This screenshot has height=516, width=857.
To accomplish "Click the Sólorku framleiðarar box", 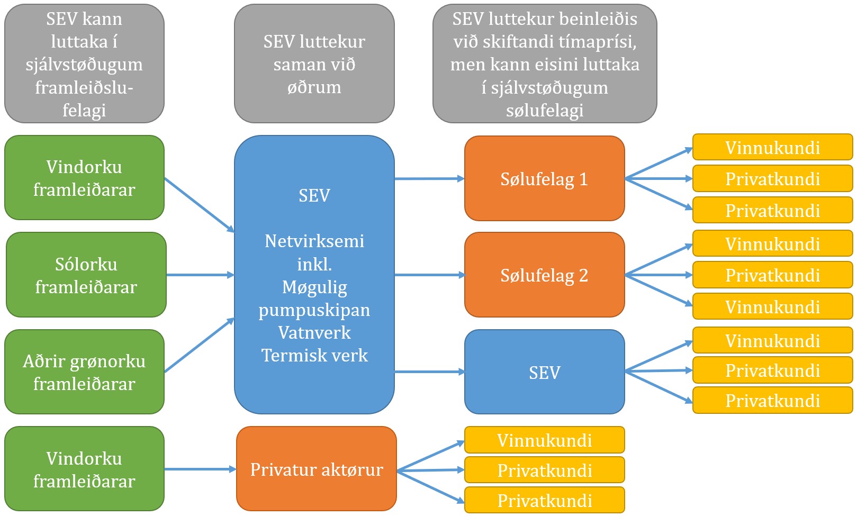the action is click(x=86, y=275).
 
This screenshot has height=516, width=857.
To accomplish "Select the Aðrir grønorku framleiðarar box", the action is click(x=84, y=372).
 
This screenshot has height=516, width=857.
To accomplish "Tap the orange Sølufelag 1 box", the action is click(x=544, y=178).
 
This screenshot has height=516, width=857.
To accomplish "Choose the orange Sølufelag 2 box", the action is click(x=544, y=275).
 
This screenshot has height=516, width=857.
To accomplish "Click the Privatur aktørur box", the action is click(x=317, y=468).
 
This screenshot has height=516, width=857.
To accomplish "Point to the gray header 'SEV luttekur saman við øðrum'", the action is click(x=314, y=64).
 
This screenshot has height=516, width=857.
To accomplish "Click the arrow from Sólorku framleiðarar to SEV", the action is click(x=201, y=275).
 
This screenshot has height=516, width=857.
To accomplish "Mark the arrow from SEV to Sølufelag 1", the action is click(x=429, y=178).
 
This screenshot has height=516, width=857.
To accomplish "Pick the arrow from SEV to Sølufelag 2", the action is click(x=429, y=275).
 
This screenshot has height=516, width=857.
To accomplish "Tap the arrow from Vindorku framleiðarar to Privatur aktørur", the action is click(x=201, y=469).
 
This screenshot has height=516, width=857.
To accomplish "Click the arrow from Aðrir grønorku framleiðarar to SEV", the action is click(x=200, y=345).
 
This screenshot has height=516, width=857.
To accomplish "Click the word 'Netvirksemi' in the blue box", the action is click(x=314, y=241).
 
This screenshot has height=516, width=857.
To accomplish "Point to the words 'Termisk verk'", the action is click(x=314, y=355).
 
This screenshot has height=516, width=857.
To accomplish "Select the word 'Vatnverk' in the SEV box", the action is click(x=314, y=332).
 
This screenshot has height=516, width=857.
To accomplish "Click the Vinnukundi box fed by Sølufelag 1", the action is click(x=772, y=147).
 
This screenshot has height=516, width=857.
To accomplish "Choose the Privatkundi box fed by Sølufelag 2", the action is click(x=772, y=275).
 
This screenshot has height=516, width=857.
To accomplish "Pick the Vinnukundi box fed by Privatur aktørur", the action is click(x=544, y=440).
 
